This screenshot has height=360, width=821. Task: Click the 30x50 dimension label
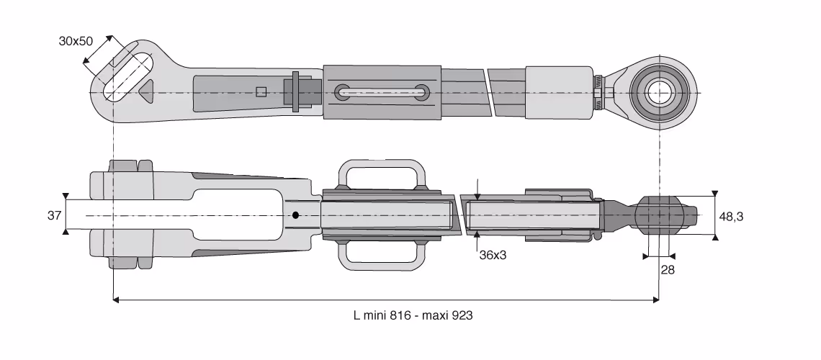[76, 41]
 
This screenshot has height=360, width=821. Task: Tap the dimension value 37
[55, 215]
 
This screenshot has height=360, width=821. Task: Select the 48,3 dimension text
[731, 216]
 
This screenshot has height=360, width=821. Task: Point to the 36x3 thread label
[493, 256]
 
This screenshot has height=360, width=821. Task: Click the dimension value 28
[668, 270]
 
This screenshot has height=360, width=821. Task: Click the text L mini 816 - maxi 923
[413, 315]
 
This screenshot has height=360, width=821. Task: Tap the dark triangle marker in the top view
[146, 90]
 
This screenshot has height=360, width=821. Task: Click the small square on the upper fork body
[261, 92]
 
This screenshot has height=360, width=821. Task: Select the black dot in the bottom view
[295, 215]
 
